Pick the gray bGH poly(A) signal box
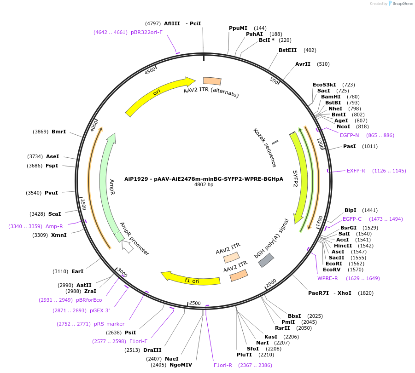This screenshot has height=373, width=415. pyautogui.click(x=266, y=260)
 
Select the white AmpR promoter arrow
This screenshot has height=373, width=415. pyautogui.click(x=128, y=247)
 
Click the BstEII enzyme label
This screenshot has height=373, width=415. pyautogui.click(x=287, y=50)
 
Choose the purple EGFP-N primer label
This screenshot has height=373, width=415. pyautogui.click(x=349, y=135)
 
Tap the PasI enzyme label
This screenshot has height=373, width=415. pyautogui.click(x=350, y=146)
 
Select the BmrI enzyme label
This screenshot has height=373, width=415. pyautogui.click(x=58, y=132)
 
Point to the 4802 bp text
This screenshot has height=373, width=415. pyautogui.click(x=204, y=185)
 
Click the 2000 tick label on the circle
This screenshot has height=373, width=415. pyautogui.click(x=271, y=282)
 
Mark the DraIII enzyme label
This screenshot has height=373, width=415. pyautogui.click(x=152, y=350)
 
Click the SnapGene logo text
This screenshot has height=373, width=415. pyautogui.click(x=402, y=4)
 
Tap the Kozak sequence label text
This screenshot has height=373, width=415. pyautogui.click(x=265, y=147)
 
